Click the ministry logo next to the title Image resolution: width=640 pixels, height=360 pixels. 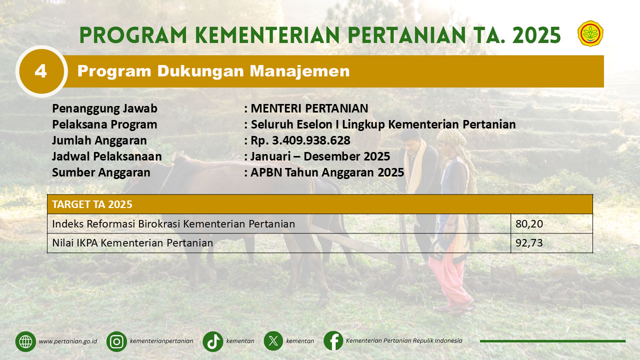click(590, 33)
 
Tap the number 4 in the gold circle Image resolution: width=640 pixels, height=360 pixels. click(40, 71)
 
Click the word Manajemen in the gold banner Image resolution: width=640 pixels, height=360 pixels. click(299, 71)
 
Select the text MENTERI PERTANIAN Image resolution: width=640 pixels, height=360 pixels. click(309, 108)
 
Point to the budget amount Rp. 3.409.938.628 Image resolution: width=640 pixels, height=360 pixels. click(300, 140)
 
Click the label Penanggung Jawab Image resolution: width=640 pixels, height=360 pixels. click(104, 108)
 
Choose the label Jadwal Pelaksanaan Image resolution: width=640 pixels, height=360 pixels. click(107, 156)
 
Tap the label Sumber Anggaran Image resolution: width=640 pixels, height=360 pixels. click(101, 172)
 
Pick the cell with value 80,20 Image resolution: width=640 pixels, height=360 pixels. click(551, 223)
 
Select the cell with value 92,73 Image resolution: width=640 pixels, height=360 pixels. click(551, 243)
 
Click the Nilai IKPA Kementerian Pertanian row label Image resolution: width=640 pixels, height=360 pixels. click(132, 243)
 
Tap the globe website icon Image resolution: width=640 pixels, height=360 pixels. click(25, 341)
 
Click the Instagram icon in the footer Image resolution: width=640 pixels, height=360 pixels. click(116, 341)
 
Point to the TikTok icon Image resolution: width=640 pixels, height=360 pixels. click(213, 341)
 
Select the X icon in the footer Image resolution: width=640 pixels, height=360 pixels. click(273, 341)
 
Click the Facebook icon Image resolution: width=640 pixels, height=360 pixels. click(333, 340)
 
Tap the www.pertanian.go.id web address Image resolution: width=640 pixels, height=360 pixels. click(68, 341)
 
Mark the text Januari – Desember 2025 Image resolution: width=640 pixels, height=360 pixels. click(320, 156)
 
